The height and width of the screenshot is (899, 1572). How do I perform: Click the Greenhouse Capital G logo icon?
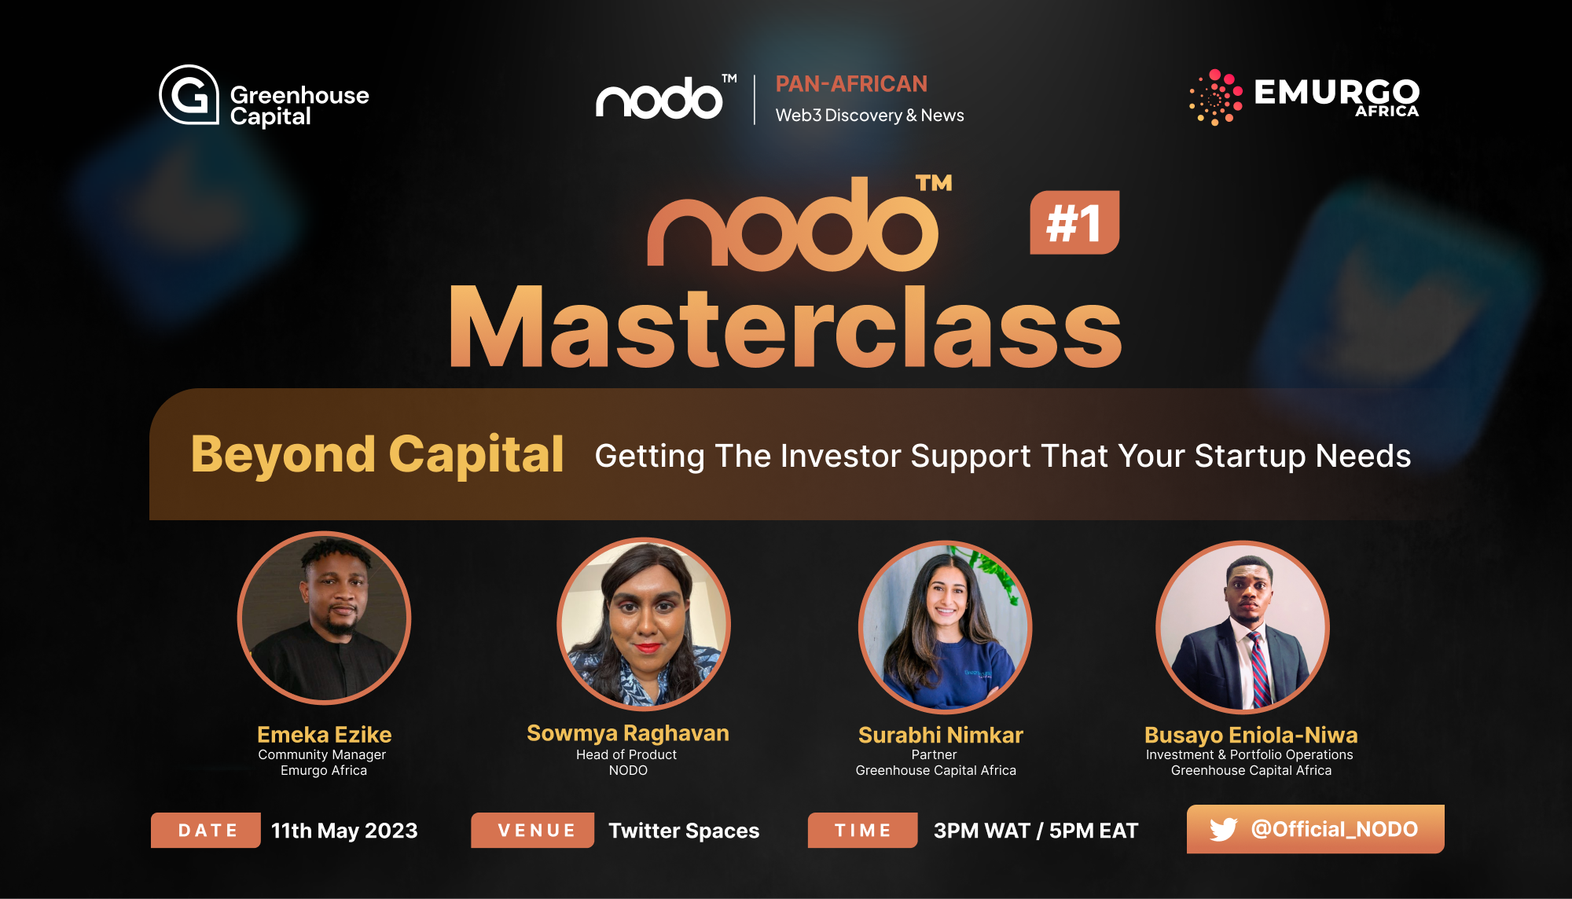[189, 94]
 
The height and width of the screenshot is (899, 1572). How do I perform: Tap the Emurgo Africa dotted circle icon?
[1216, 97]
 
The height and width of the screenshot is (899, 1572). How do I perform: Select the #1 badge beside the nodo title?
[1074, 222]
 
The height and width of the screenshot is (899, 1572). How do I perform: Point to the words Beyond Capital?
[377, 454]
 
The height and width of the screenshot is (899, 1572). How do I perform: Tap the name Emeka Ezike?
[324, 735]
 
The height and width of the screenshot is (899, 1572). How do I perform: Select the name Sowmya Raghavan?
[628, 733]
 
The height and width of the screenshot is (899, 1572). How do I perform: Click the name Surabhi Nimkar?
[941, 735]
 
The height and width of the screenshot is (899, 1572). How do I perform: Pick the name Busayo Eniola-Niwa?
[1251, 735]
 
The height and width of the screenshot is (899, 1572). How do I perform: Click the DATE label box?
[206, 830]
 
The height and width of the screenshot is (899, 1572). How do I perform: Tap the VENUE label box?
[533, 830]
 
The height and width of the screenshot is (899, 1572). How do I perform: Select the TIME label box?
[863, 830]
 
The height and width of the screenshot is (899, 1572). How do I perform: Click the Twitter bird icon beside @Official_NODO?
[1224, 829]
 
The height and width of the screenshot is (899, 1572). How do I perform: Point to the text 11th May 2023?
[344, 831]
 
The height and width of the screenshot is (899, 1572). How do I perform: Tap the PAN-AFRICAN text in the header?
[851, 83]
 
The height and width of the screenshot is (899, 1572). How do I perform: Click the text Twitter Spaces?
[684, 831]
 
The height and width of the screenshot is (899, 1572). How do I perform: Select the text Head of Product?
[626, 754]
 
